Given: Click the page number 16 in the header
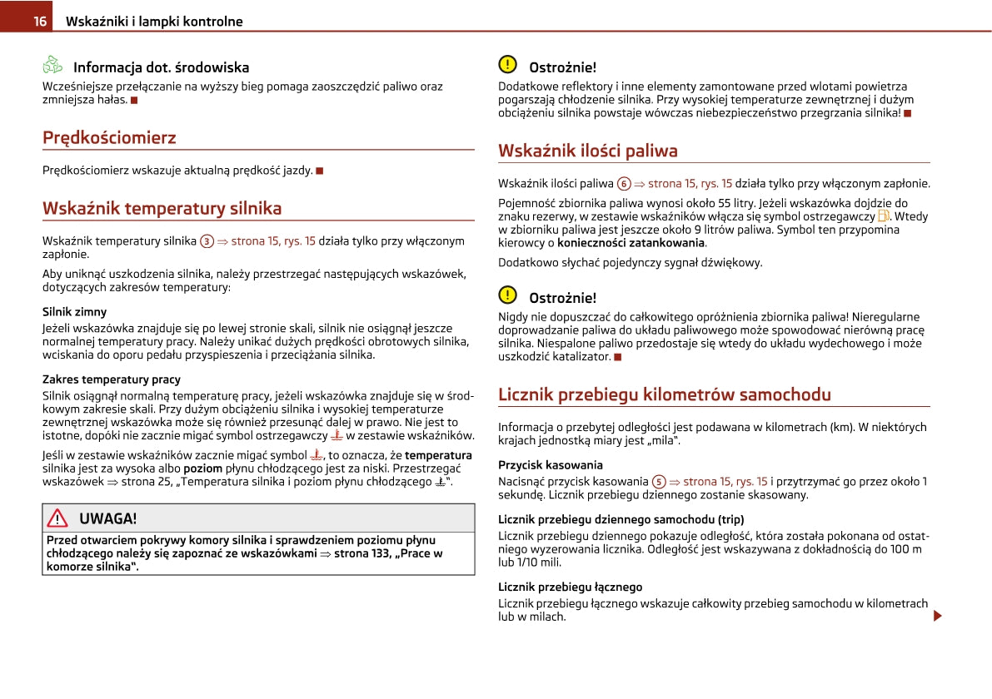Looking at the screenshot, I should pos(39,22).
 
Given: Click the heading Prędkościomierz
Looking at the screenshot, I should pos(109,137).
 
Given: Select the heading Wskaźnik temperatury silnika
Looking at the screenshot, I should pos(162,208).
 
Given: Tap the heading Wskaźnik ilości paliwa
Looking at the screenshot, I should pos(587,151).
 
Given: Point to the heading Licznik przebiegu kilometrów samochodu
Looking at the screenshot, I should pos(664,394).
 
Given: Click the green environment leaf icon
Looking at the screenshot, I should pos(52,65).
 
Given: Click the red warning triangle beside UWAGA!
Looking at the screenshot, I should pos(57,518).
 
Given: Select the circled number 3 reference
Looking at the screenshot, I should pos(207,241).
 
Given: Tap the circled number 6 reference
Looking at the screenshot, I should pos(624,184).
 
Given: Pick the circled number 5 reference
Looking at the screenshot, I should pos(659,482).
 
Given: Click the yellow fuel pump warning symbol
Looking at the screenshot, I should pos(884,216).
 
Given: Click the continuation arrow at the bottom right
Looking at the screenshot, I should pos(937,616).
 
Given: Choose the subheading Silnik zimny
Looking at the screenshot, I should pos(74,312).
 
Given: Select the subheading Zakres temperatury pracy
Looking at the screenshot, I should pos(112,379).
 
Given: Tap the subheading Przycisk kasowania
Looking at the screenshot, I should pos(550,465).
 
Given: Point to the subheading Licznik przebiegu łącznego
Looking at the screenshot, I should pos(570,587).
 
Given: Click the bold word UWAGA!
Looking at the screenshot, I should pos(107,518).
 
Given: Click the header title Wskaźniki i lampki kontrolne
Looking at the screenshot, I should pos(153,22).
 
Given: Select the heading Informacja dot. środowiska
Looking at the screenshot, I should pos(161,67).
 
